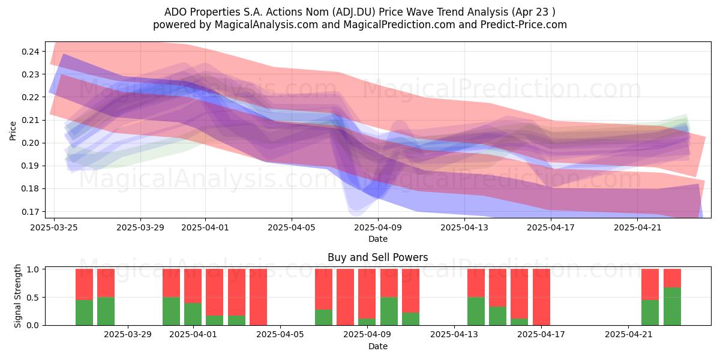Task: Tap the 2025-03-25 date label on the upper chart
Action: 54,227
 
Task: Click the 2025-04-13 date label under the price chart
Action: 464,227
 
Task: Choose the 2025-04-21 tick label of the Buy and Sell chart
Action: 629,334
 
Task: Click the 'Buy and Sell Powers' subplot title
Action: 377,257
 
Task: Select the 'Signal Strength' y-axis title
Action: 17,296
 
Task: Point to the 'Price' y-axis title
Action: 13,131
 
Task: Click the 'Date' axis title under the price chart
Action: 377,239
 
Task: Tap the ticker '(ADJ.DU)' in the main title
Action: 354,12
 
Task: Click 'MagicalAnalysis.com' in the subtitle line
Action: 266,25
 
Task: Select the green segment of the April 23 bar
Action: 672,307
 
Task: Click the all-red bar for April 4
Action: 258,297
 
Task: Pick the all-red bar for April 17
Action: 541,297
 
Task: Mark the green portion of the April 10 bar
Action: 389,311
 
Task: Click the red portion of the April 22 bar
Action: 650,284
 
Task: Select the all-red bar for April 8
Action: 345,297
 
